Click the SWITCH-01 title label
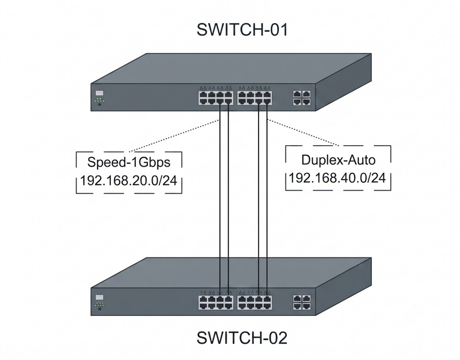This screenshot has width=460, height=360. pos(242,30)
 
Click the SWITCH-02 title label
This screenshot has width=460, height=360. pos(242,337)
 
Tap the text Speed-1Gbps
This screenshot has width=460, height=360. pos(129,162)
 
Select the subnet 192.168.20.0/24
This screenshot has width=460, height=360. pos(129,181)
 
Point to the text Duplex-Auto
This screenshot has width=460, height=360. pos(338,160)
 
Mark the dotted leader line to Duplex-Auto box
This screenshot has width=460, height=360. pos(303,133)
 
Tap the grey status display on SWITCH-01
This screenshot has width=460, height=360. pos(100,93)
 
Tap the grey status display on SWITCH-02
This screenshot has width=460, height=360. pos(100,298)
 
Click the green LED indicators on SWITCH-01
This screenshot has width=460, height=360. pos(100,100)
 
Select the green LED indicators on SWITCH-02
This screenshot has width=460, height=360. pos(100,304)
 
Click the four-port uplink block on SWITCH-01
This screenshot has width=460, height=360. pos(302,98)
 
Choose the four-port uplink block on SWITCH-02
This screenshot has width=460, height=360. pos(302,302)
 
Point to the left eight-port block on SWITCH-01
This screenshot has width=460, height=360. pos(216,98)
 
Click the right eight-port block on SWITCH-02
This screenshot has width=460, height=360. pos(254,302)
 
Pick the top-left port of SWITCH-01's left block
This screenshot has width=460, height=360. pos(203,94)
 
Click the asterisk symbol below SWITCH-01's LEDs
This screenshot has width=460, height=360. pos(100,104)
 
